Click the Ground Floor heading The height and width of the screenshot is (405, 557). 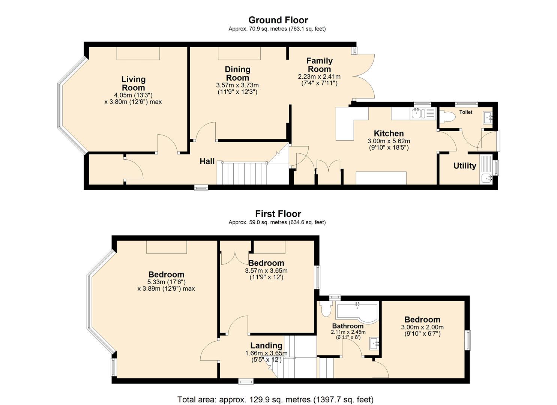[278, 20]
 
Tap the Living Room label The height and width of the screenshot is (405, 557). [133, 83]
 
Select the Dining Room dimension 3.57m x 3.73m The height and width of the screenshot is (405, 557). [237, 85]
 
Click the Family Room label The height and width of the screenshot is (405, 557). [319, 65]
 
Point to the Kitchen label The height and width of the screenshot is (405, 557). [389, 133]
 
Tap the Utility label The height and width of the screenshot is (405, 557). [464, 166]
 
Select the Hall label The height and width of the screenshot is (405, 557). [207, 161]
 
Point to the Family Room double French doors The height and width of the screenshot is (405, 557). [364, 77]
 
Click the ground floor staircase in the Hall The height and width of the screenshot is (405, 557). [244, 173]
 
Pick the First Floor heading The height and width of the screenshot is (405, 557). [278, 214]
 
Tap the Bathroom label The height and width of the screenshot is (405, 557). [348, 326]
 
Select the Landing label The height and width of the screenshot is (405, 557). [266, 345]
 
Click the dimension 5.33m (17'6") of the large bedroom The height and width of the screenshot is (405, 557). [166, 282]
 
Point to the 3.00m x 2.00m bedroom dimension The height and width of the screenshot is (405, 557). [422, 327]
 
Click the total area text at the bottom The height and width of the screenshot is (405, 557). [275, 399]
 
